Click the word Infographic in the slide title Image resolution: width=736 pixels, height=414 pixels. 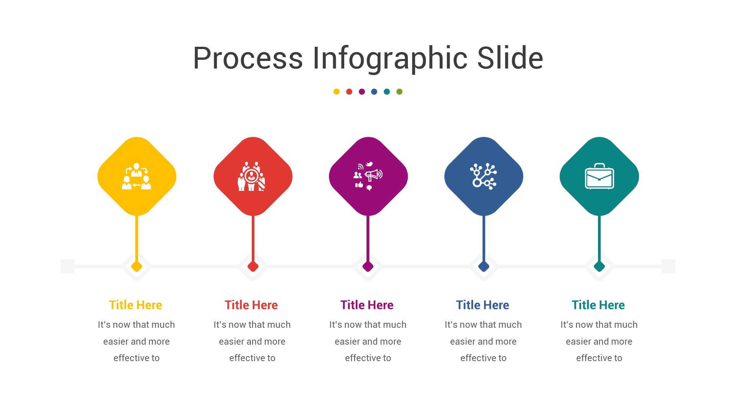(390, 58)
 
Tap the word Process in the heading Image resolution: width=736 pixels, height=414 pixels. (248, 58)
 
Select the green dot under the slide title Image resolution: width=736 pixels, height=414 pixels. (399, 92)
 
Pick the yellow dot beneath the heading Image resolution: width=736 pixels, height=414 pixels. (337, 92)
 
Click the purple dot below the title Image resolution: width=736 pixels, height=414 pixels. (362, 92)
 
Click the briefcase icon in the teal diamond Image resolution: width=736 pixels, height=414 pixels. (599, 177)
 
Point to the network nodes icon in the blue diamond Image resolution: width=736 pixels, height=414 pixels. (483, 176)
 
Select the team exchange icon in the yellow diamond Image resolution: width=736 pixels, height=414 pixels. (136, 177)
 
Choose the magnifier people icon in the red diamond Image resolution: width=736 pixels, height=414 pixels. (252, 177)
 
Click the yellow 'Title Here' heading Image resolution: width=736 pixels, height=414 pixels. (136, 305)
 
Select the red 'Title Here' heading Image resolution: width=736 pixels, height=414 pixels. (251, 305)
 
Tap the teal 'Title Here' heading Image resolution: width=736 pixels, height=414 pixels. (598, 305)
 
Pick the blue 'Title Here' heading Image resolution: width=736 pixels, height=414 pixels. (483, 305)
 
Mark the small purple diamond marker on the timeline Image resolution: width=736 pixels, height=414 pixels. (368, 266)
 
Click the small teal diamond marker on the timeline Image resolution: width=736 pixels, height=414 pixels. (599, 266)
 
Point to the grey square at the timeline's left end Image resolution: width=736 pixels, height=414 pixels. (67, 266)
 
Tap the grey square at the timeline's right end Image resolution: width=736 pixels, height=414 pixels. (669, 266)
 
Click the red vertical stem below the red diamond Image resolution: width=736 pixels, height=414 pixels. (253, 238)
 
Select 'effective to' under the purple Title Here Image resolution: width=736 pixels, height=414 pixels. (368, 358)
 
